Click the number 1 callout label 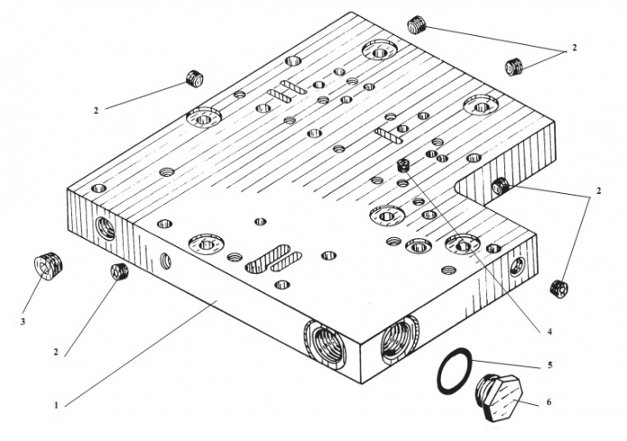pos(56,405)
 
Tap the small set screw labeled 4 pos(403,165)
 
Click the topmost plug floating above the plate pos(416,24)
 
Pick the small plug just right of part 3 pos(116,271)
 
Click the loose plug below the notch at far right pos(557,288)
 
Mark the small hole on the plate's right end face pos(518,264)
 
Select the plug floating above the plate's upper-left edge pos(193,78)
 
